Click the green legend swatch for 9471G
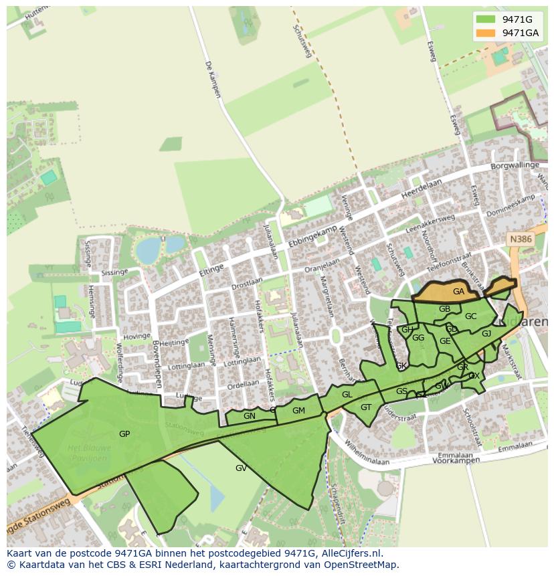(x=486, y=19)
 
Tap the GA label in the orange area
(x=458, y=292)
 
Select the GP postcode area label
(x=124, y=434)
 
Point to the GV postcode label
(x=241, y=468)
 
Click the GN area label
(x=250, y=416)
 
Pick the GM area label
(x=298, y=411)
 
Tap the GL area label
(x=347, y=395)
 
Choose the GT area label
(x=366, y=407)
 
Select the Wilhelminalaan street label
(x=367, y=456)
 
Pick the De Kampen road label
(x=212, y=80)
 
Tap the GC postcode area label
(x=470, y=316)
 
